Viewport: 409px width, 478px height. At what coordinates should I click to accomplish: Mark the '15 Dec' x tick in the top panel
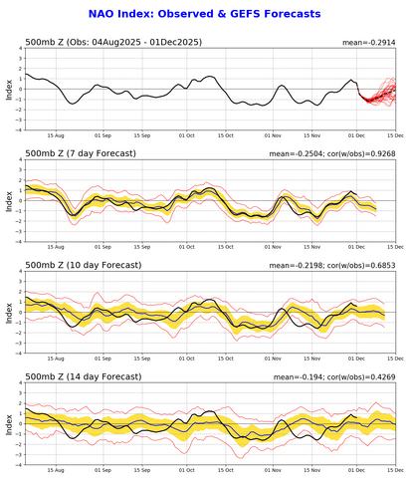coord(394,134)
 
